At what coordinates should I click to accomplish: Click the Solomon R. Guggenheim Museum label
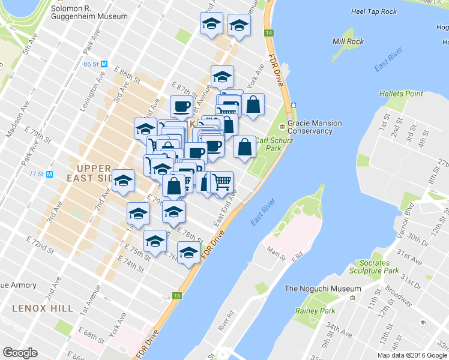click(89, 13)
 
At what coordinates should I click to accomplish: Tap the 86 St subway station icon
click(104, 64)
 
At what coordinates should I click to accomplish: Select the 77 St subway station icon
click(49, 175)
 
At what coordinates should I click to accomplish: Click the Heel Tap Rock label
click(374, 11)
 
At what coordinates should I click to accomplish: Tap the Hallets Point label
click(401, 94)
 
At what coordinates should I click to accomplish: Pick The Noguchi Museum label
click(322, 289)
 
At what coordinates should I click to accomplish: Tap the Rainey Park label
click(315, 311)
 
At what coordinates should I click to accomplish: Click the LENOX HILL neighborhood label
click(42, 308)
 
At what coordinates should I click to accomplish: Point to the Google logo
click(20, 352)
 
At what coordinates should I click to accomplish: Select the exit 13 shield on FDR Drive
click(176, 296)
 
